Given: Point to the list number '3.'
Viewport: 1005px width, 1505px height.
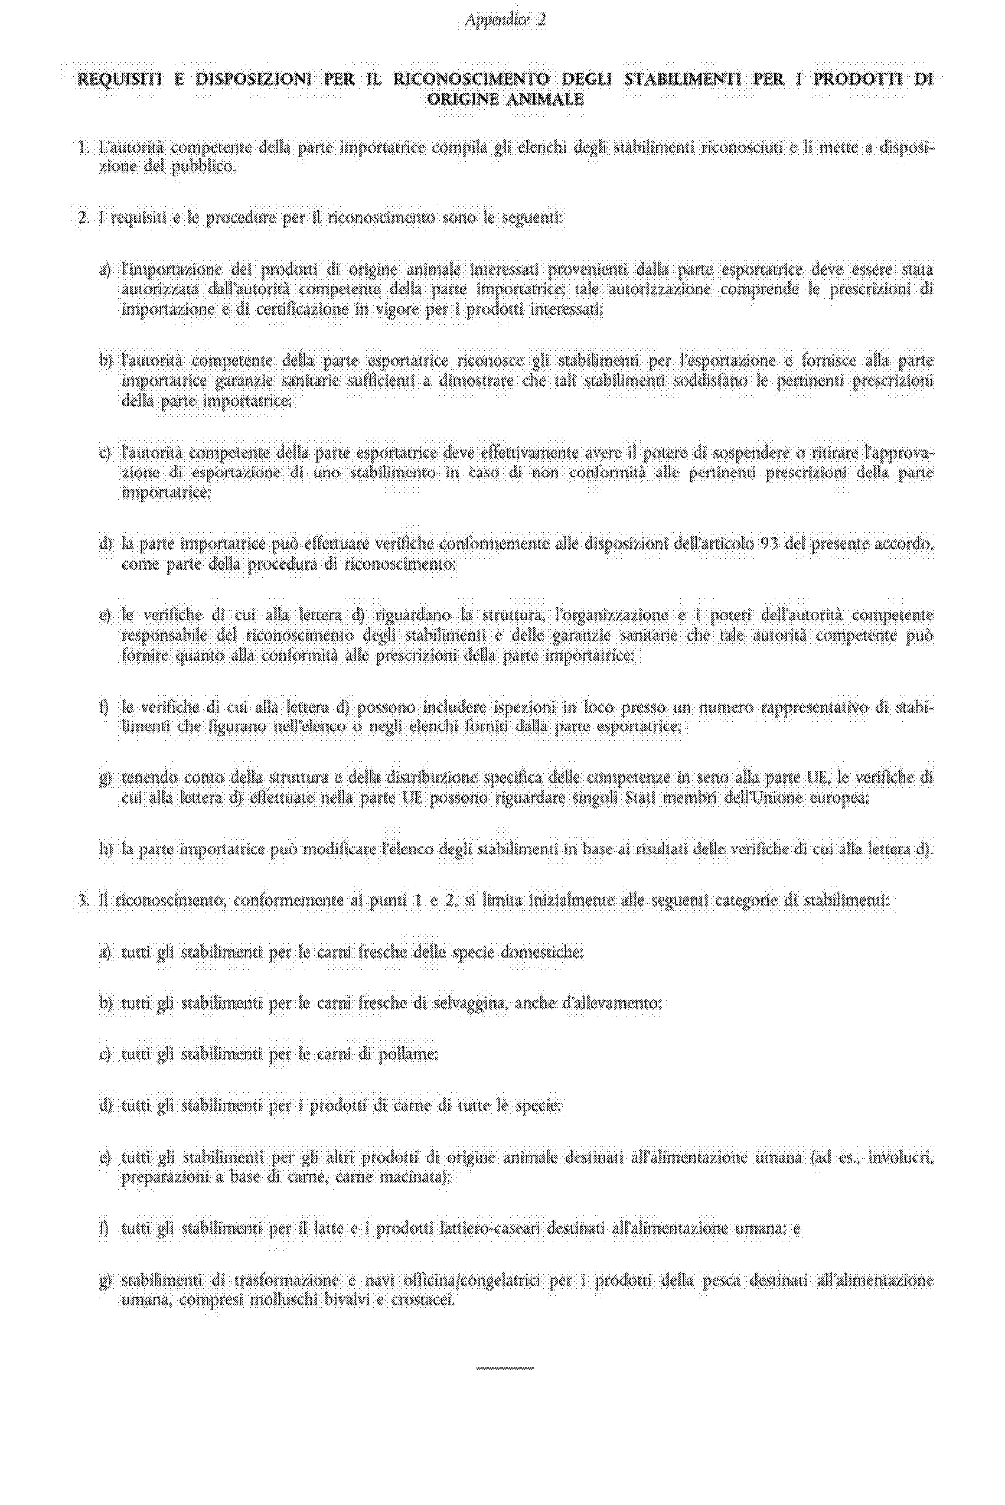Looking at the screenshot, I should (83, 901).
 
